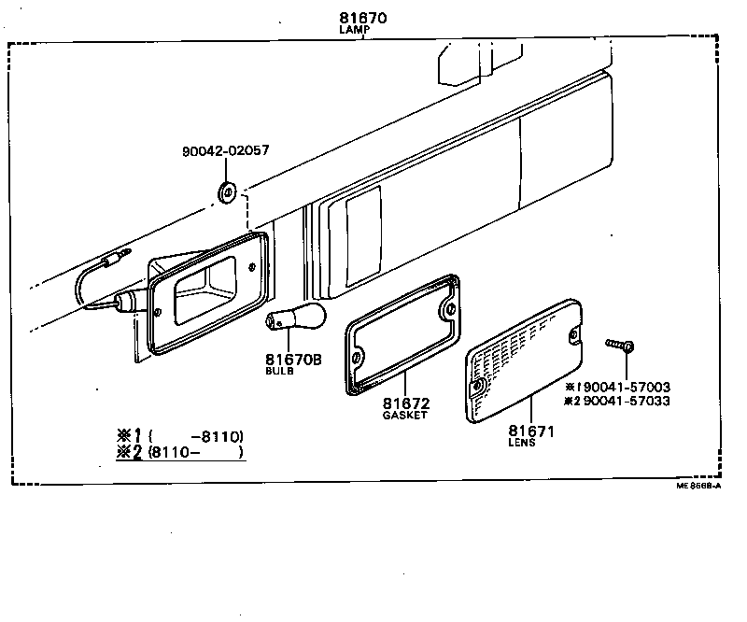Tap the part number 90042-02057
[226, 149]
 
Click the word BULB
[278, 371]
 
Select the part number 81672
[406, 403]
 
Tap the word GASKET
[405, 415]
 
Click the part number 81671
[531, 431]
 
